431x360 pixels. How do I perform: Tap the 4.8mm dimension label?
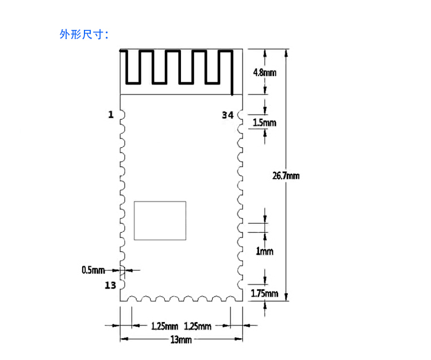pos(265,72)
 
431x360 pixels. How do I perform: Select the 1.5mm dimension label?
pos(264,122)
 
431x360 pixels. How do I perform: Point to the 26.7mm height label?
pos(286,175)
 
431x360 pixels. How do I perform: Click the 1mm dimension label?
pos(264,251)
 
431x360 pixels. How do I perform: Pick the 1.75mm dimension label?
pos(264,293)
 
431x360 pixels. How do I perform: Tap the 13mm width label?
pos(181,340)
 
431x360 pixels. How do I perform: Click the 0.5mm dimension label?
pos(93,270)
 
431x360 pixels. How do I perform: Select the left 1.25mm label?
pos(165,327)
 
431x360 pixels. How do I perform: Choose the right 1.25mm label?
pos(198,327)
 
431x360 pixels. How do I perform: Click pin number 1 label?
pos(111,114)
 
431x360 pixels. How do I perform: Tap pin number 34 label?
pos(228,115)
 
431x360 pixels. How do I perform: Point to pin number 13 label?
pos(110,285)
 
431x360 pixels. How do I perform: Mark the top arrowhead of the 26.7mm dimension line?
pos(286,53)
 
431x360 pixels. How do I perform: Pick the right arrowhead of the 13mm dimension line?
pos(239,339)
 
